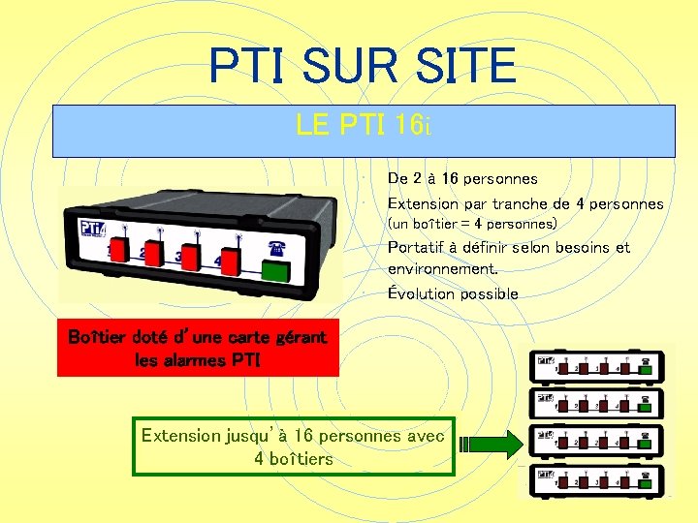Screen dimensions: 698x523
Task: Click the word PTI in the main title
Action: (x=249, y=67)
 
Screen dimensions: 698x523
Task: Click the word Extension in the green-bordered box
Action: (x=181, y=436)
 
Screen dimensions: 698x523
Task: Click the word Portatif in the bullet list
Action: (x=417, y=248)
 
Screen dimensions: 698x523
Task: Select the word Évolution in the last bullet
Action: (x=420, y=293)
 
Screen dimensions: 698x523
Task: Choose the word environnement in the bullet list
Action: (x=440, y=268)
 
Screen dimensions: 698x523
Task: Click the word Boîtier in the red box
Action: (x=96, y=338)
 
